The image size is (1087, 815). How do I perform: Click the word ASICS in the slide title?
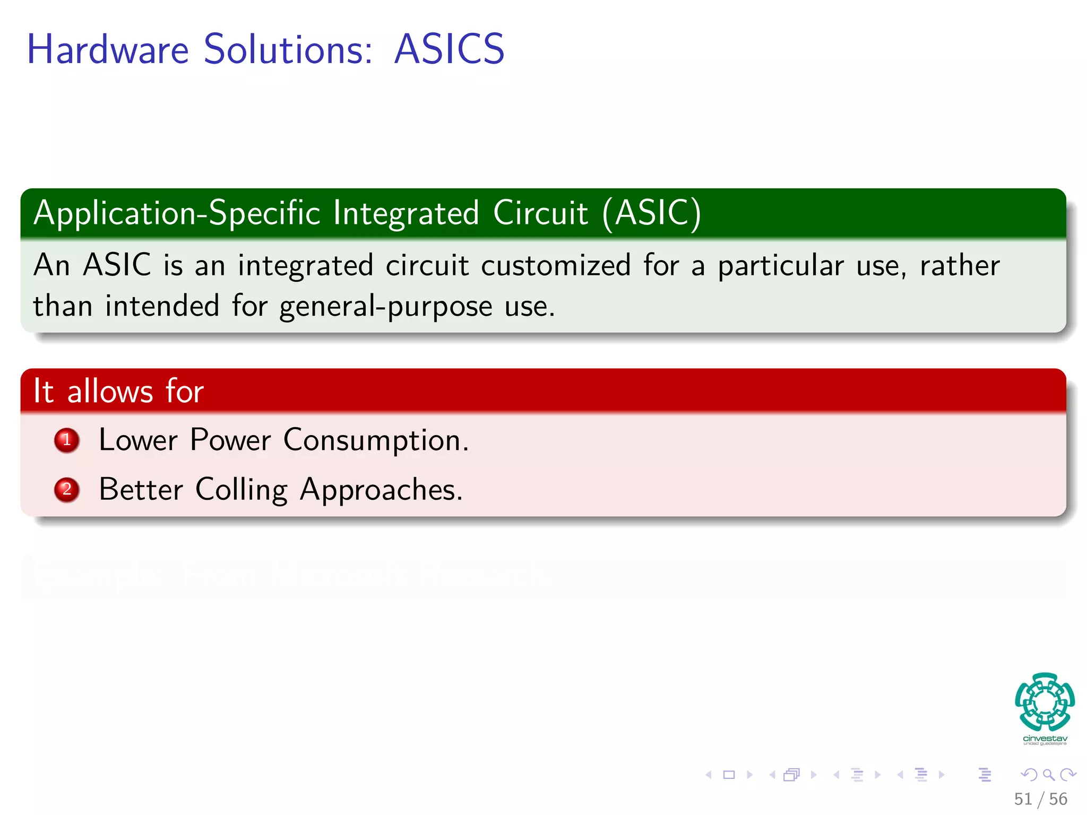point(449,49)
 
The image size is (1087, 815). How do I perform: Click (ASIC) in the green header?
point(652,213)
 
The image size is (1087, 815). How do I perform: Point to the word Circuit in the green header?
point(540,213)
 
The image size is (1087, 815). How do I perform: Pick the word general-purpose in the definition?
point(386,307)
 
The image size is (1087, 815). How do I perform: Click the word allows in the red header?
point(110,392)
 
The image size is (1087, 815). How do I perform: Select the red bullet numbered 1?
point(67,440)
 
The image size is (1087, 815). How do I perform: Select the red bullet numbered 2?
point(67,489)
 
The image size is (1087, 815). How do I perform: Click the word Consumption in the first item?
point(375,440)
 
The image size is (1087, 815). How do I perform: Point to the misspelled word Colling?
point(241,490)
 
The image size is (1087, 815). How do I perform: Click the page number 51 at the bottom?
point(1023,799)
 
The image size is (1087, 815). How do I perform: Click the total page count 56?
point(1058,799)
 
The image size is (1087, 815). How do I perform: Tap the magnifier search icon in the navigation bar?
point(1048,775)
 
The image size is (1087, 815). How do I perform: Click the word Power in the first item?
point(230,440)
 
